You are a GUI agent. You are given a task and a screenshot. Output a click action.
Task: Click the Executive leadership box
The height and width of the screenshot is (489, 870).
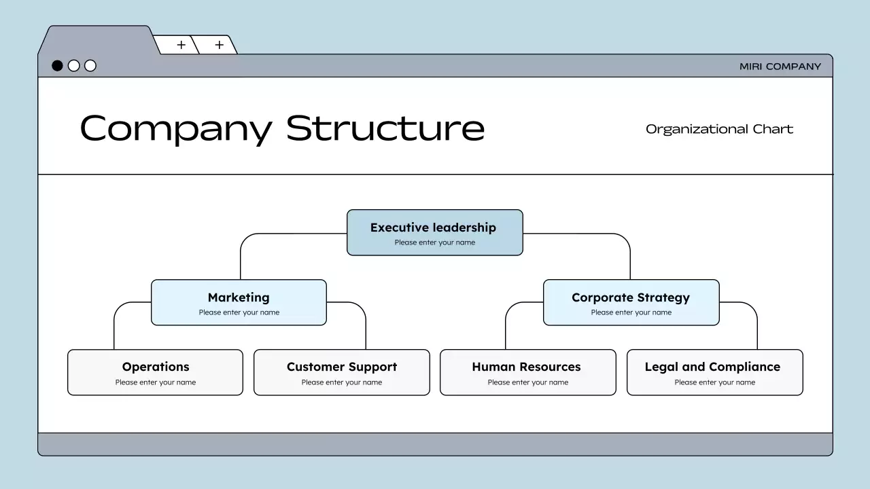(434, 232)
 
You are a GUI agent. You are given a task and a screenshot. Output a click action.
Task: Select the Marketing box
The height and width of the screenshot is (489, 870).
(239, 302)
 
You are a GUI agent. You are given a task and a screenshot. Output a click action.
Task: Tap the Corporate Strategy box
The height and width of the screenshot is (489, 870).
(631, 302)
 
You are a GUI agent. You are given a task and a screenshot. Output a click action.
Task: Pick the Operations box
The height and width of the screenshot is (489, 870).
(155, 372)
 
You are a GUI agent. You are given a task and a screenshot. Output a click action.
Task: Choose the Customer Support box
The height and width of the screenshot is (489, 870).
(341, 372)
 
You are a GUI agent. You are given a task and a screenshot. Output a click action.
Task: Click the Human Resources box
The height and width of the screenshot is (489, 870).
(527, 372)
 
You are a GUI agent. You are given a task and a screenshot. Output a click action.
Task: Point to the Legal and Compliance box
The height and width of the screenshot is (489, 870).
(714, 372)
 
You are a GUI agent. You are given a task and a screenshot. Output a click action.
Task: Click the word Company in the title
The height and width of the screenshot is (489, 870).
(175, 128)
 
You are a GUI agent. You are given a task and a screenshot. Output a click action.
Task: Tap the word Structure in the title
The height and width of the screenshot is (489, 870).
(385, 127)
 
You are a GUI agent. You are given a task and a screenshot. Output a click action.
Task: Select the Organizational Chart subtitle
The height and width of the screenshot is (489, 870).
(719, 129)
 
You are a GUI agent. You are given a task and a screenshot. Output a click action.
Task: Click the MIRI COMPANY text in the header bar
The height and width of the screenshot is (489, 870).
(780, 67)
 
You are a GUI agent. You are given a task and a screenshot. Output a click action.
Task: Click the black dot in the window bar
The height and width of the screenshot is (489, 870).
(58, 66)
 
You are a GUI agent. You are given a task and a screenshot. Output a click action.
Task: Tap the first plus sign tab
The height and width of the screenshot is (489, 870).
(181, 46)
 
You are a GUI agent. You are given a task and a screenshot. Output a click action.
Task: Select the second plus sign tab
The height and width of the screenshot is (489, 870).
(219, 46)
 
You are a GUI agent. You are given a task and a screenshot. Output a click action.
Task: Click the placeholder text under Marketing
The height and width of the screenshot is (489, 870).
(239, 312)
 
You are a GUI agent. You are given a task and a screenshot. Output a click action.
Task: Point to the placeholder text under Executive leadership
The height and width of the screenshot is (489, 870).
(434, 242)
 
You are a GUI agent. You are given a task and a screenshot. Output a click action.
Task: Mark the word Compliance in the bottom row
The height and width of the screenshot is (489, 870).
(744, 367)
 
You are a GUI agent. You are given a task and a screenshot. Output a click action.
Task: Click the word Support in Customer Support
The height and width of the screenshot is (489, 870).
(372, 367)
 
